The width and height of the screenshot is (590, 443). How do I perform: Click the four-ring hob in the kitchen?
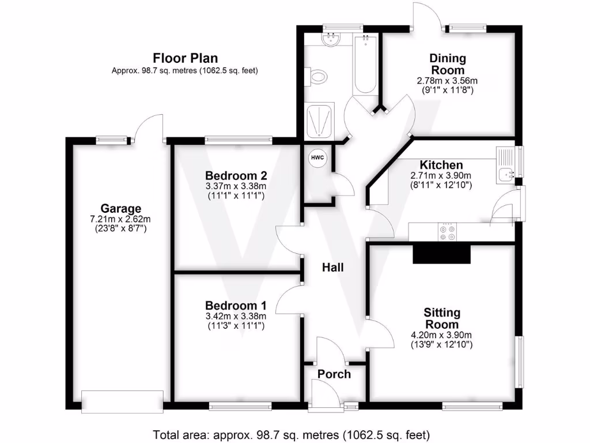(447, 231)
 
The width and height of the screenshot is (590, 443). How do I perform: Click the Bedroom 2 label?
(236, 175)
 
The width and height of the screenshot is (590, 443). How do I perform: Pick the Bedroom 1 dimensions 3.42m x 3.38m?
(236, 316)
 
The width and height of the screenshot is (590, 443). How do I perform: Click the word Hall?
(333, 268)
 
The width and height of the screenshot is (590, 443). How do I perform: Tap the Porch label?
(334, 374)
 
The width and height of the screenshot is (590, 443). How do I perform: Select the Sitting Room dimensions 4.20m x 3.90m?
(442, 335)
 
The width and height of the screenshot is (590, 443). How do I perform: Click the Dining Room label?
(448, 64)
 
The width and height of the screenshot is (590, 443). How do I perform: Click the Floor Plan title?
(184, 58)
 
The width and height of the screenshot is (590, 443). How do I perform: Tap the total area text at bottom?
(291, 434)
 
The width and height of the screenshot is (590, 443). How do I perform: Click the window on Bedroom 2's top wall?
(238, 139)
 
